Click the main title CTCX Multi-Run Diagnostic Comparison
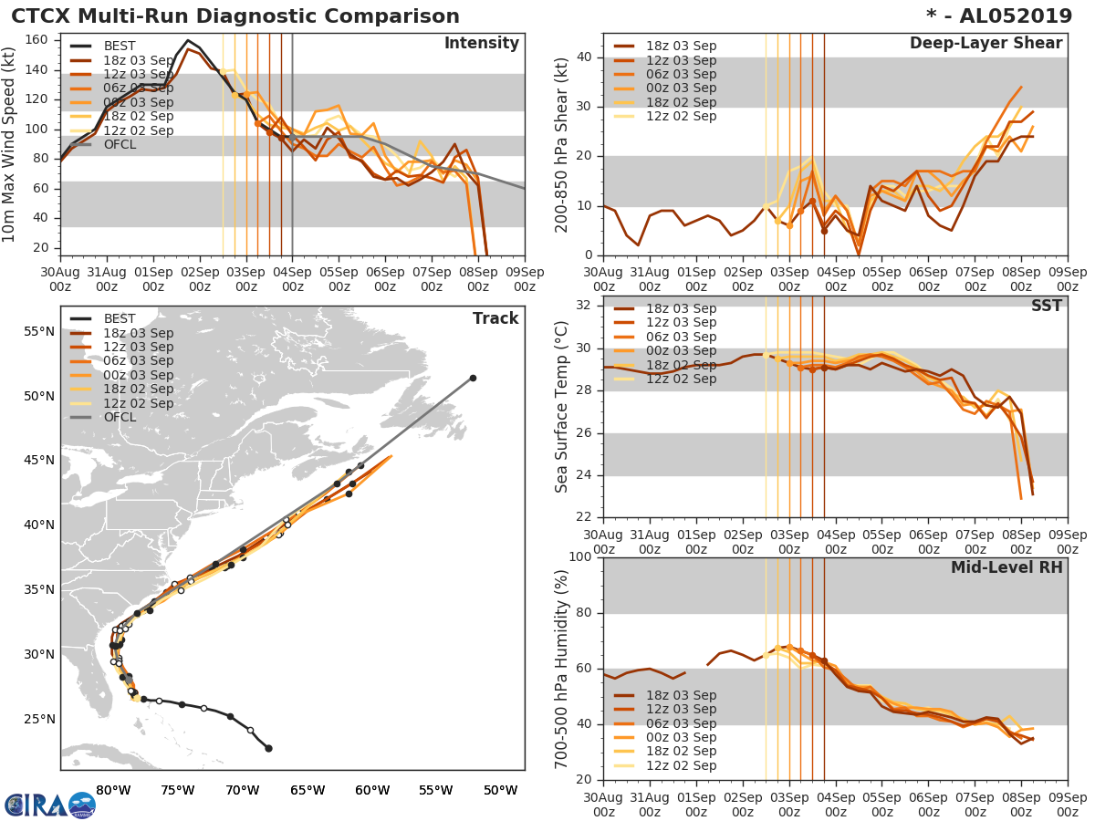[x=235, y=16]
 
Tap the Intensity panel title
[x=481, y=44]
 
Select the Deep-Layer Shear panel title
[x=985, y=44]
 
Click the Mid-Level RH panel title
[x=1006, y=567]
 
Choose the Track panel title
[x=495, y=318]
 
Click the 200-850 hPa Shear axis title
[x=563, y=144]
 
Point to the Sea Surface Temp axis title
[x=563, y=406]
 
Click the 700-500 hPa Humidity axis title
[x=563, y=668]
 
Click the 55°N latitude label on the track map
[x=38, y=331]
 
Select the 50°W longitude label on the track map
[x=500, y=790]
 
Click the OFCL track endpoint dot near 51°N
[x=473, y=378]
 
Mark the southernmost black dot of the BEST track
[x=268, y=748]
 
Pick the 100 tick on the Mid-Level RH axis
[x=581, y=557]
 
